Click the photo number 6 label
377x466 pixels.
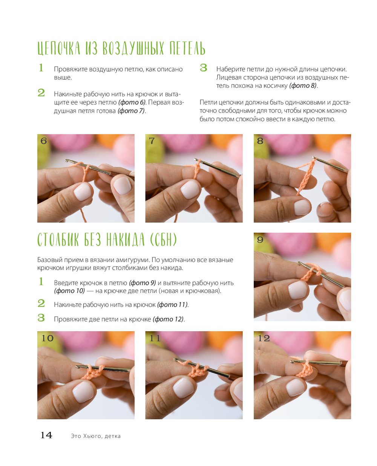point(44,141)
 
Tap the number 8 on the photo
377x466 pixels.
point(260,141)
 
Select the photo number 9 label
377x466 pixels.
point(260,240)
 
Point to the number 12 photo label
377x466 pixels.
point(264,338)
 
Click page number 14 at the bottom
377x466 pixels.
point(46,435)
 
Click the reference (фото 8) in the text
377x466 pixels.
point(303,86)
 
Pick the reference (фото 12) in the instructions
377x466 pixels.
point(168,319)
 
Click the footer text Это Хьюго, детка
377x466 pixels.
point(96,436)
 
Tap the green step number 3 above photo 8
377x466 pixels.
point(203,67)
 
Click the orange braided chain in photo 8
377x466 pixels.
point(306,176)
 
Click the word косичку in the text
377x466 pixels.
point(276,86)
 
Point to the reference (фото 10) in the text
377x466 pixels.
point(69,291)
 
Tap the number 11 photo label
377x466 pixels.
point(155,338)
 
